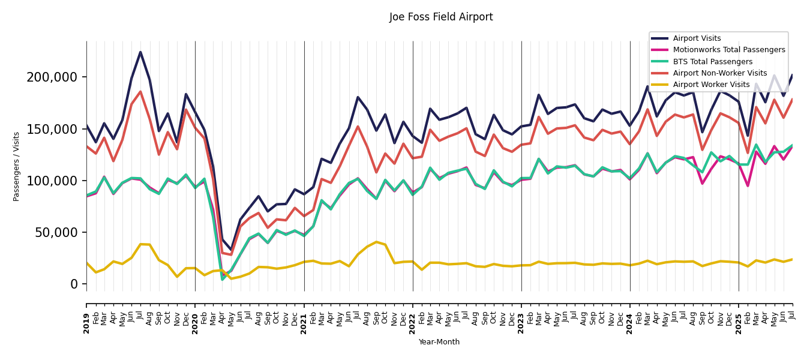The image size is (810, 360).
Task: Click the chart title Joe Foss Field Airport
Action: pos(441,17)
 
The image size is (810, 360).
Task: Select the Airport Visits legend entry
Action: pos(697,38)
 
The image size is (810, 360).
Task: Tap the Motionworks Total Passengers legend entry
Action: pos(728,50)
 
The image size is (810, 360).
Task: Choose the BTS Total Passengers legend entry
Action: pos(712,62)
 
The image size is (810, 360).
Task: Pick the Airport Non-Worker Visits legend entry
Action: pos(719,73)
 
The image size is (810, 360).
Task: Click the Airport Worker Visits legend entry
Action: pos(711,85)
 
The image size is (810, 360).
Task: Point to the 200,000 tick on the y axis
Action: pos(52,77)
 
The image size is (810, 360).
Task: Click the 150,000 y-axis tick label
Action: pos(52,129)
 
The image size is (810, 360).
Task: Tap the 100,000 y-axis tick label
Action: pos(52,181)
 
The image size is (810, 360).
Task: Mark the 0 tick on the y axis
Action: pos(74,284)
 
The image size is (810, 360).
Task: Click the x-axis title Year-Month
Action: pos(439,342)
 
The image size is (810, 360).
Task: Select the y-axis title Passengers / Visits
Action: pos(17,166)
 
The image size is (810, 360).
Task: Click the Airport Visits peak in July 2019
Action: pos(140,52)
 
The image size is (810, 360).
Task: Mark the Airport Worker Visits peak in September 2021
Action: pos(376,242)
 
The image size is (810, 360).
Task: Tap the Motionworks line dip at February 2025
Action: pos(748,185)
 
